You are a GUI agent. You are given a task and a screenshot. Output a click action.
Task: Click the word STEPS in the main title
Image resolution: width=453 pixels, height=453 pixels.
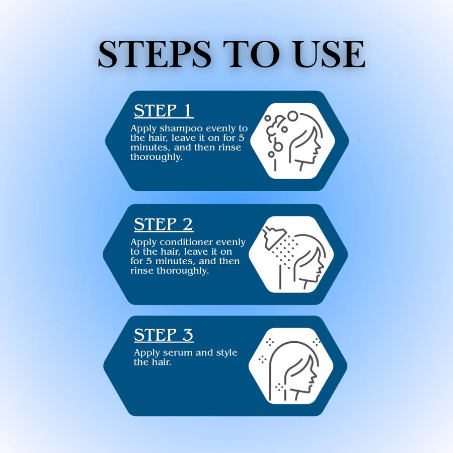click(x=155, y=54)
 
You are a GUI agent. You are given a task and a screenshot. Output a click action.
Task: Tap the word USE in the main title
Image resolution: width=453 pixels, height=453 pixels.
click(x=330, y=54)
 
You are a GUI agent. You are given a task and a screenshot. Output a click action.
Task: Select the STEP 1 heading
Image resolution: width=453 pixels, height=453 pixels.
click(x=164, y=110)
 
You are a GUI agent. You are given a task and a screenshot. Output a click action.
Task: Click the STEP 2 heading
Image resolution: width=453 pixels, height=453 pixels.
click(x=164, y=224)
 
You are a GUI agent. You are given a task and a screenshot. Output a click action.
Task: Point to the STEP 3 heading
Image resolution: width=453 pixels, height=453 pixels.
click(x=164, y=335)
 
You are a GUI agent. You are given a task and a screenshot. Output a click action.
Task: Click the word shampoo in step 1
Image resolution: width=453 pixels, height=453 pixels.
click(x=181, y=129)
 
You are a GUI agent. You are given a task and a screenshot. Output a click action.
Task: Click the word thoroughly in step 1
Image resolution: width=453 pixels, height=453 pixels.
click(x=157, y=157)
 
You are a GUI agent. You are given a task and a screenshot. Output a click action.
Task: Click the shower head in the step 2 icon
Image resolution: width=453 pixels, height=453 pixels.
click(x=273, y=237)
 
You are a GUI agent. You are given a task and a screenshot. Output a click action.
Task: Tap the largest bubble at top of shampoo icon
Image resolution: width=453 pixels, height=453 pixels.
click(x=292, y=116)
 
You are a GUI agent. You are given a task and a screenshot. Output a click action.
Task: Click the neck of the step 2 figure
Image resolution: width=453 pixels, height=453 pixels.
click(x=305, y=284)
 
